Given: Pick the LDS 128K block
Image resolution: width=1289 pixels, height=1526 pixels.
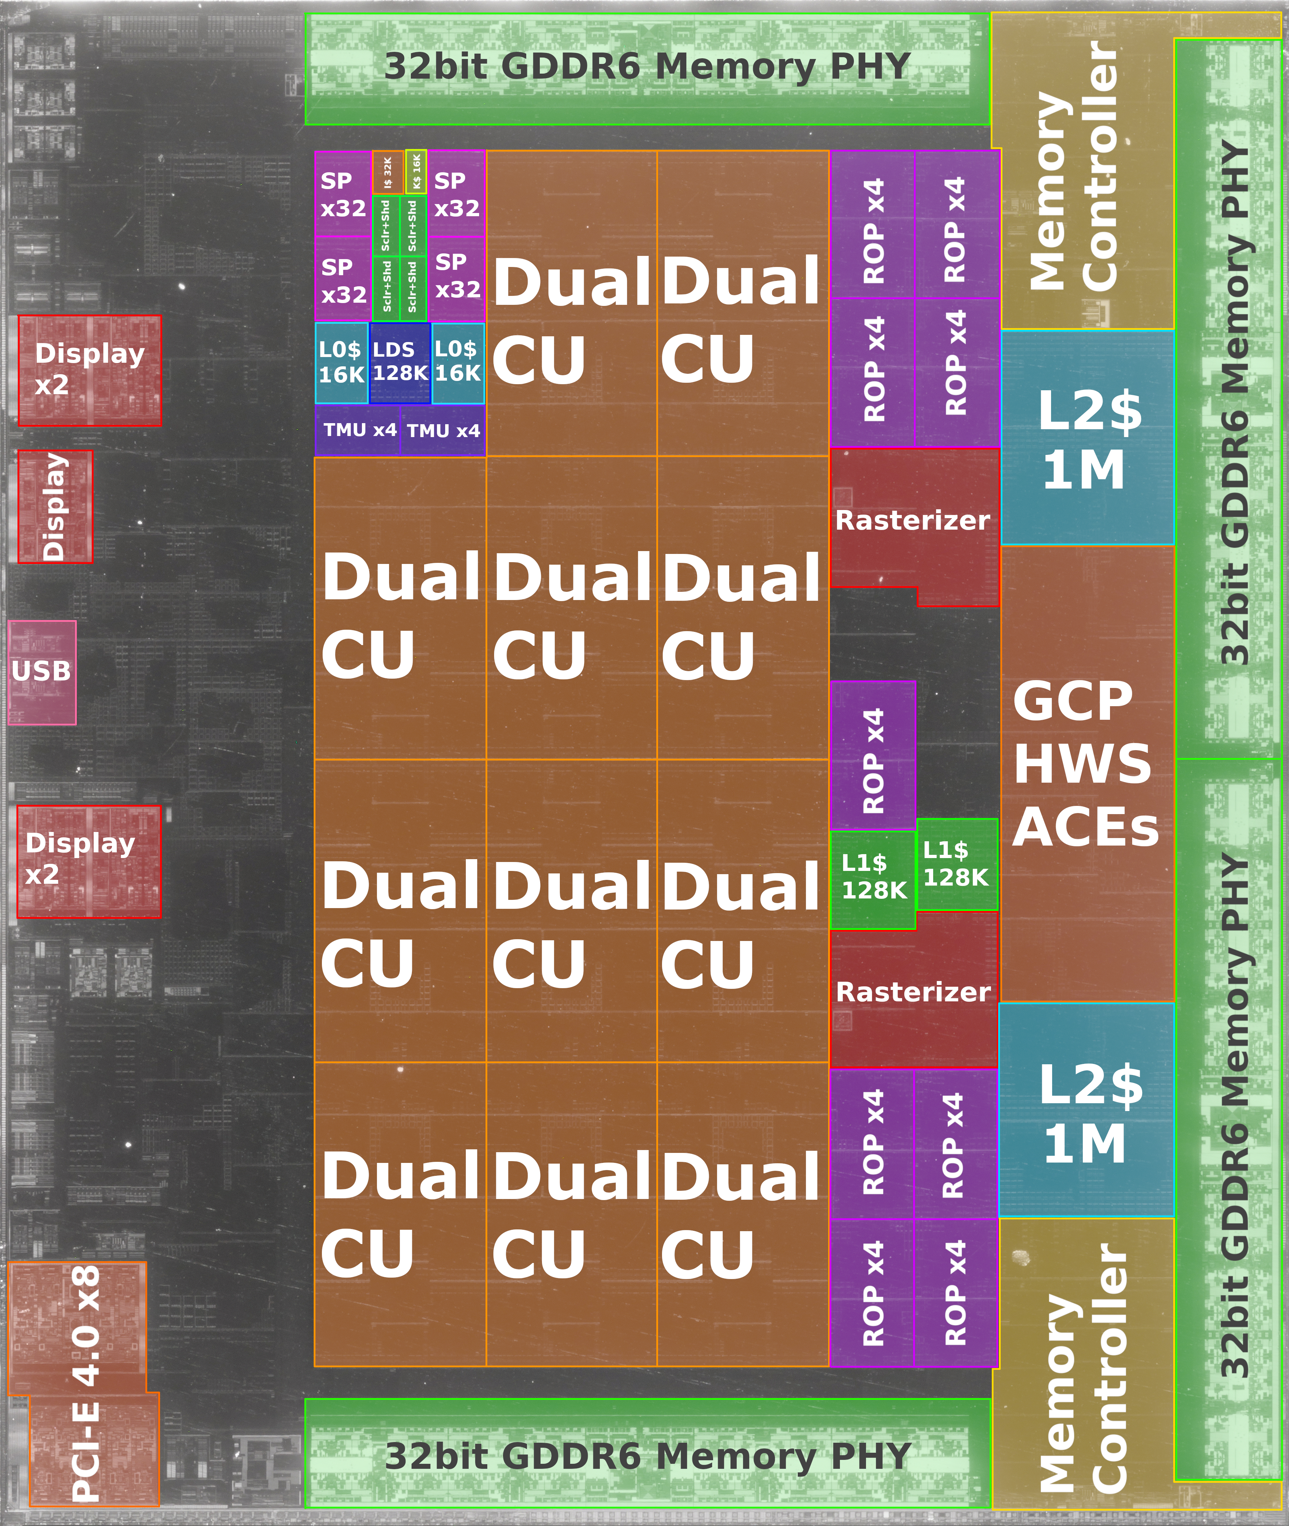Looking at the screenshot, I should (400, 362).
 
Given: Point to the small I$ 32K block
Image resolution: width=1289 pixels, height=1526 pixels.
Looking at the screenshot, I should (387, 173).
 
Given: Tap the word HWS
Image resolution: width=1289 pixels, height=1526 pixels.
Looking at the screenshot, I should (1081, 764).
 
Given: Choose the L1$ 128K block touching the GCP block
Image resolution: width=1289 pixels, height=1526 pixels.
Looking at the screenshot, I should (956, 864).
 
